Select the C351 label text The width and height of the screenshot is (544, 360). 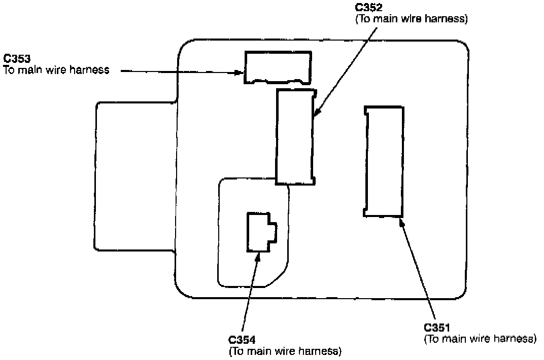point(438,328)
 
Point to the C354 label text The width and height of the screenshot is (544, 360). point(243,340)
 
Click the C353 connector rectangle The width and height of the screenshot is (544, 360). point(278,67)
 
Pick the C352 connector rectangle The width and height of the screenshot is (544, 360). point(295,137)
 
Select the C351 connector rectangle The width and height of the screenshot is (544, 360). point(384,162)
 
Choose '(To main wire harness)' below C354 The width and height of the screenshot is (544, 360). point(285,351)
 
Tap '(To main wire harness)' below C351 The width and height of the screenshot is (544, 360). point(480,339)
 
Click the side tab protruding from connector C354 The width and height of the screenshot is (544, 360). point(273,233)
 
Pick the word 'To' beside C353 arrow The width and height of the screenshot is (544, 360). point(10,70)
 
